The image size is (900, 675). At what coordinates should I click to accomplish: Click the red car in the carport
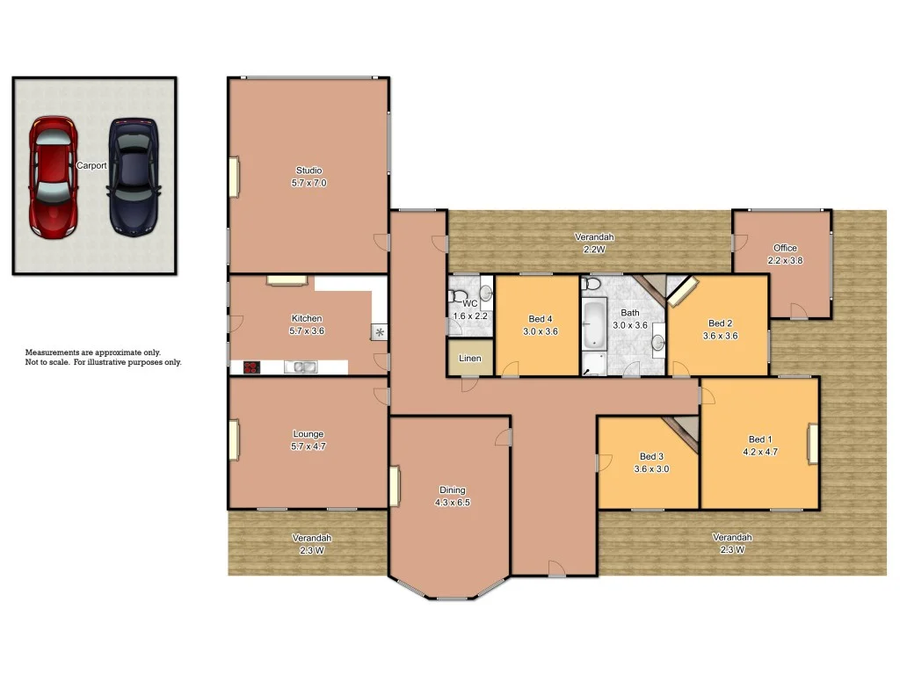(x=52, y=178)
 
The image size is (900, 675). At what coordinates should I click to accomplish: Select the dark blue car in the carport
(x=134, y=177)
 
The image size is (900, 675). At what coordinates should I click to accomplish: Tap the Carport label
(x=91, y=165)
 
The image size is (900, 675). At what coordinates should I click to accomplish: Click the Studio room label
(x=308, y=171)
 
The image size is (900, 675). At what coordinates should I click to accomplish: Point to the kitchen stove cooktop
(x=251, y=367)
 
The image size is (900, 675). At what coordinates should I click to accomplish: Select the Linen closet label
(x=470, y=359)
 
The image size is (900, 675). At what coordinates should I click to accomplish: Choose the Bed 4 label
(x=541, y=319)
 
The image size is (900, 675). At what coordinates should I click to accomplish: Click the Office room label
(x=785, y=248)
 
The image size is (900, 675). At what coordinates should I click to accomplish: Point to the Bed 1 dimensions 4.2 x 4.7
(x=760, y=452)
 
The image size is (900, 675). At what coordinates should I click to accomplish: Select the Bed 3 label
(x=651, y=456)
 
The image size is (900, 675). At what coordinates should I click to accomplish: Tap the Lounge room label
(x=308, y=434)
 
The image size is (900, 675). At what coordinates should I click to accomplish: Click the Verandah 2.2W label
(x=594, y=237)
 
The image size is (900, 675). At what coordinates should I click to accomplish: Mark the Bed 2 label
(x=719, y=323)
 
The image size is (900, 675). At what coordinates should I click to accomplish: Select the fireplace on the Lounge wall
(x=235, y=439)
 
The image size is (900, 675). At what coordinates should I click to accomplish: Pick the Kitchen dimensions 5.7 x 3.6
(x=307, y=330)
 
